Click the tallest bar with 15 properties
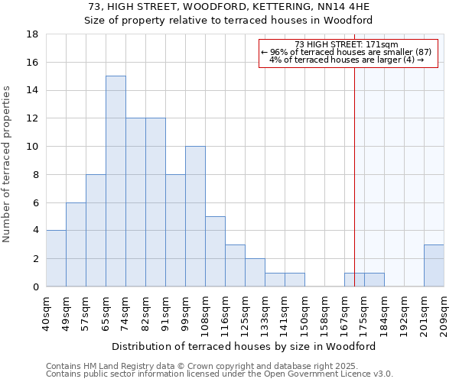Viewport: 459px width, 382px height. (116, 181)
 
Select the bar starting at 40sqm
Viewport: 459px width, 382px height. (56, 258)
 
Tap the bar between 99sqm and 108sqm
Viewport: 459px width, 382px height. (195, 216)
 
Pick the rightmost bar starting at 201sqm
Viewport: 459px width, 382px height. (434, 265)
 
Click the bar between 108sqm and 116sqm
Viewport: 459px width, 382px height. (215, 251)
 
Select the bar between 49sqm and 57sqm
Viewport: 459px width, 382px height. (76, 244)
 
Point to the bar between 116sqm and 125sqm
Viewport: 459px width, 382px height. (235, 265)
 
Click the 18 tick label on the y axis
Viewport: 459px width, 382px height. (32, 34)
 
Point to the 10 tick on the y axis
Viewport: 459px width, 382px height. (32, 147)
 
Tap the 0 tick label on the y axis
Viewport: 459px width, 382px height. (35, 287)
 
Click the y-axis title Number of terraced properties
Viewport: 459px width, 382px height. (8, 164)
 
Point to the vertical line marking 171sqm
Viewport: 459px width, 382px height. (354, 168)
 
